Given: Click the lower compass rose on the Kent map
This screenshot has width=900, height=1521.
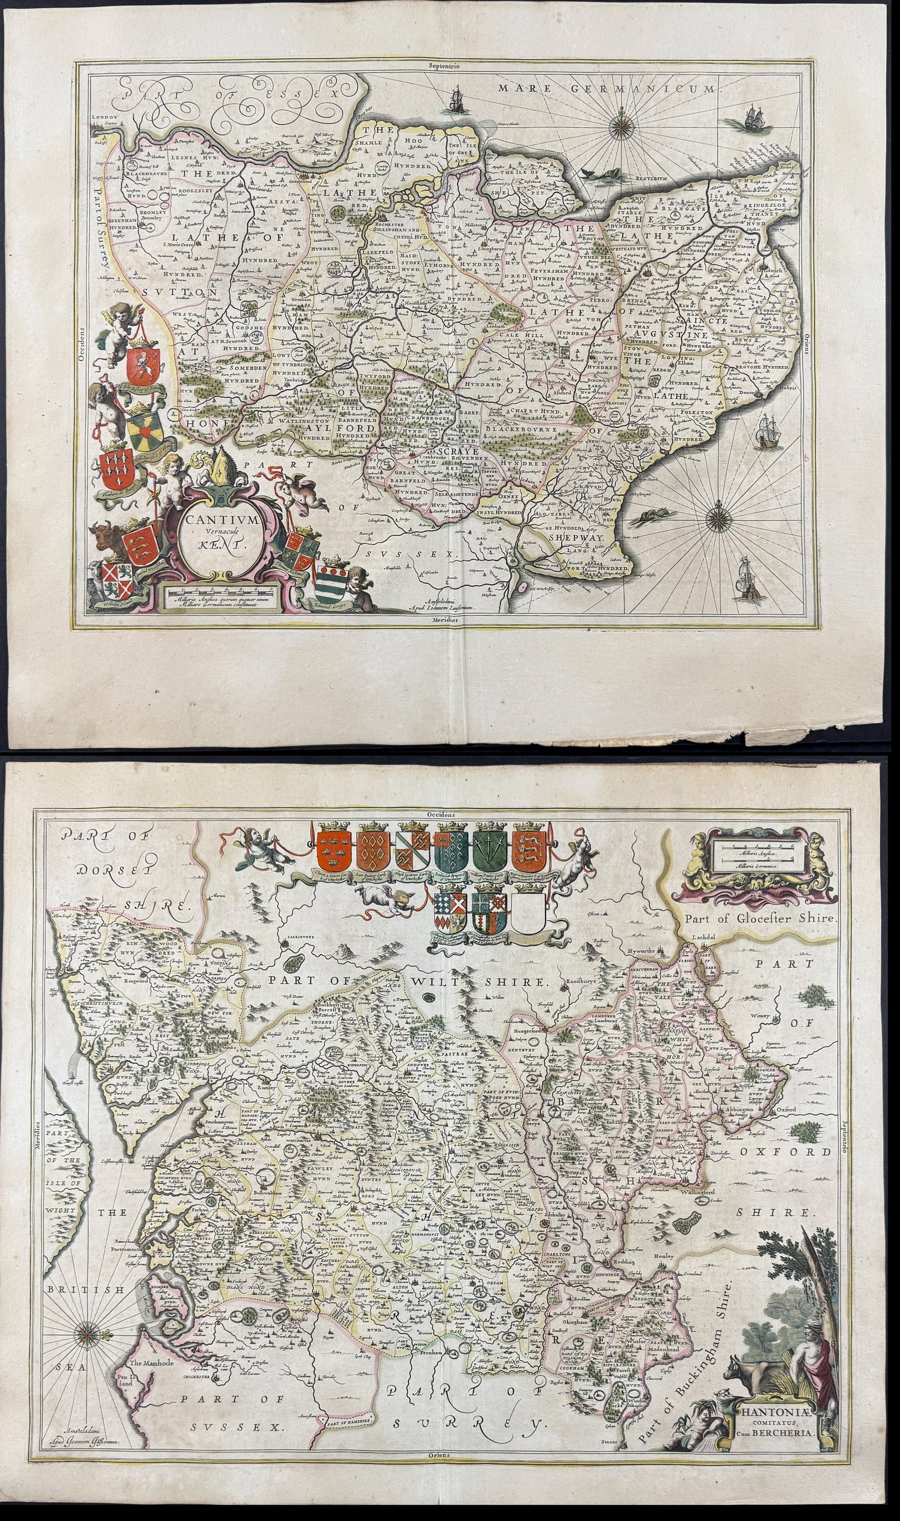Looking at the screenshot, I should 718,518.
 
